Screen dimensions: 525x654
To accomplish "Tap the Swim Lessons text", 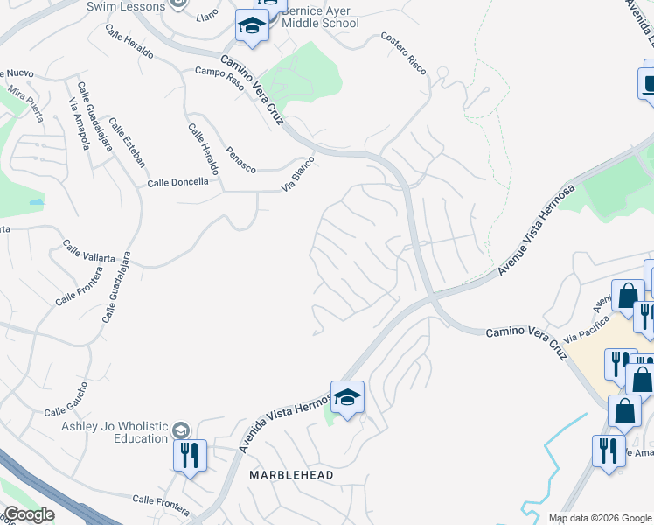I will tap(126, 6).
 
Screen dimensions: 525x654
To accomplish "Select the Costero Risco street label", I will tap(403, 53).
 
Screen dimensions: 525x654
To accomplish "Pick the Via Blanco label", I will tap(296, 174).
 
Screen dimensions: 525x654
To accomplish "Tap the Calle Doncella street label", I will tap(178, 182).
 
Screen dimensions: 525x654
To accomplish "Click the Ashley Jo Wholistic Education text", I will tap(114, 431).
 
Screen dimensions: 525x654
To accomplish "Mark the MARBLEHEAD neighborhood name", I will tap(292, 474).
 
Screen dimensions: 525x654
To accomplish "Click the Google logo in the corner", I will tap(29, 514).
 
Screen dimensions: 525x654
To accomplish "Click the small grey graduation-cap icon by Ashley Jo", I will tap(180, 430).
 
